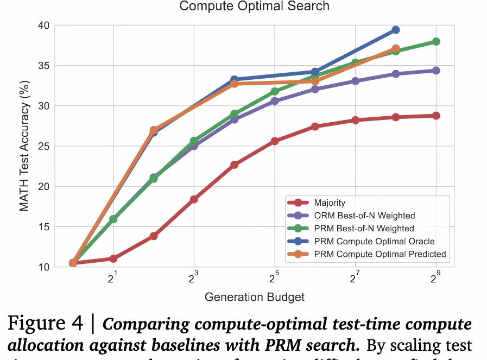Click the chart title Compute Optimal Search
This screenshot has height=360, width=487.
pyautogui.click(x=254, y=7)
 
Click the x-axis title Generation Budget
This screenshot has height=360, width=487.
pyautogui.click(x=254, y=297)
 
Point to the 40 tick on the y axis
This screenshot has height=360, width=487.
pyautogui.click(x=43, y=26)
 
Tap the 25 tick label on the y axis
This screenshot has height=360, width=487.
pyautogui.click(x=43, y=146)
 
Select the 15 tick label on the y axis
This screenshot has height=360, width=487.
pyautogui.click(x=43, y=226)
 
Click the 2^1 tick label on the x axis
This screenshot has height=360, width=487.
pyautogui.click(x=113, y=279)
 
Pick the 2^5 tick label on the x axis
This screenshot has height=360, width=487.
pyautogui.click(x=274, y=279)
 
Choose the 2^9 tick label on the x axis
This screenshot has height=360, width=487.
pyautogui.click(x=435, y=279)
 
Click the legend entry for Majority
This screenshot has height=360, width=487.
pyautogui.click(x=330, y=203)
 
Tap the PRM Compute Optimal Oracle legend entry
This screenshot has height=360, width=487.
pyautogui.click(x=374, y=241)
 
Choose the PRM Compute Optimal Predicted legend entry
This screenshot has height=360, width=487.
pyautogui.click(x=380, y=254)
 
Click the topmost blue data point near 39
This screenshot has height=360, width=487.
pyautogui.click(x=395, y=30)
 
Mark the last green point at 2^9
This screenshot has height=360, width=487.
pyautogui.click(x=435, y=42)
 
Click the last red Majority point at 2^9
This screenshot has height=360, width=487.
pyautogui.click(x=435, y=116)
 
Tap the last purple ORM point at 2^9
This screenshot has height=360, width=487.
pyautogui.click(x=435, y=71)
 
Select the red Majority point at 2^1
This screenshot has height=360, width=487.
pyautogui.click(x=113, y=259)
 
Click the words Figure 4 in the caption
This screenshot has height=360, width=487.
pyautogui.click(x=45, y=324)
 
